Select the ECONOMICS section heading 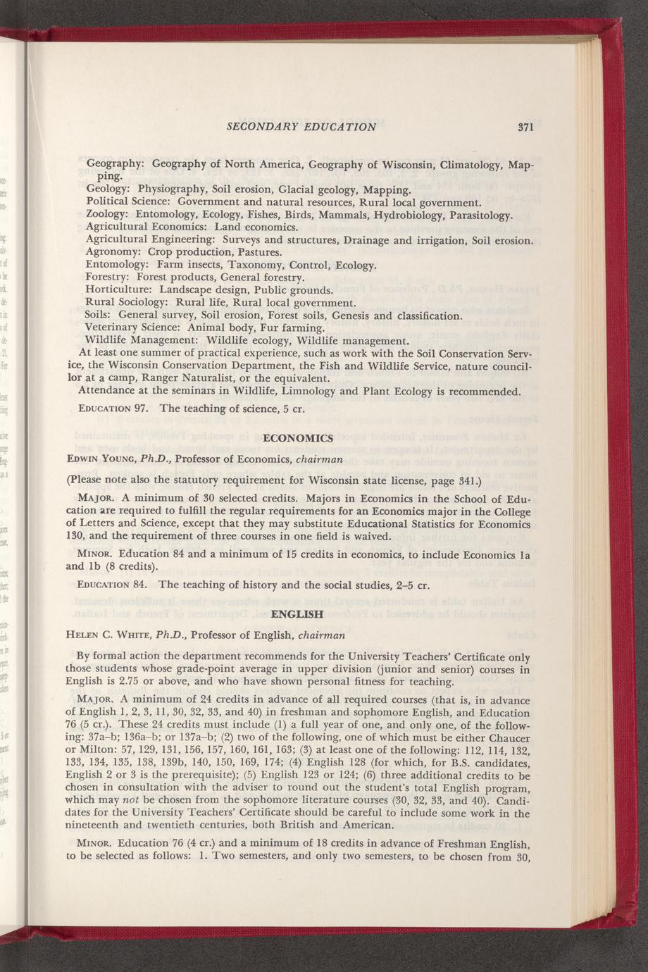coord(297,438)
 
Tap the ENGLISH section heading coord(297,613)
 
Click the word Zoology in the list coord(107,214)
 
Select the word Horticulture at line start coord(119,289)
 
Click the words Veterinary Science coord(128,328)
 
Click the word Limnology coord(325,391)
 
